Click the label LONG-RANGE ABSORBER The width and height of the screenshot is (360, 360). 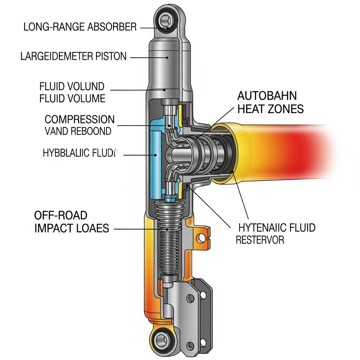[x=80, y=27]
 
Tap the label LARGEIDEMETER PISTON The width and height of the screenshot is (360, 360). [x=73, y=56]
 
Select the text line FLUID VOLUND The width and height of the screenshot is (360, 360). [x=72, y=86]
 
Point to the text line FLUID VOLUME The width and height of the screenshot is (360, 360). [x=72, y=98]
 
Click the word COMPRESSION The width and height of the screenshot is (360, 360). [x=79, y=120]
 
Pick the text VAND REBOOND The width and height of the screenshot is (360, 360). [x=78, y=131]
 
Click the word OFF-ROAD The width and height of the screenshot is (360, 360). [x=60, y=215]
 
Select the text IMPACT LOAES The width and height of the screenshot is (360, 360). [x=72, y=228]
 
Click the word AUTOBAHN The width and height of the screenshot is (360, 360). [x=267, y=96]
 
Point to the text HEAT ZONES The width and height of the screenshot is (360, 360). [x=270, y=109]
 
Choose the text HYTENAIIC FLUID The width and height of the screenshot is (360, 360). [x=277, y=228]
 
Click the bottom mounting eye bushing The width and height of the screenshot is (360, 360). [x=163, y=340]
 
